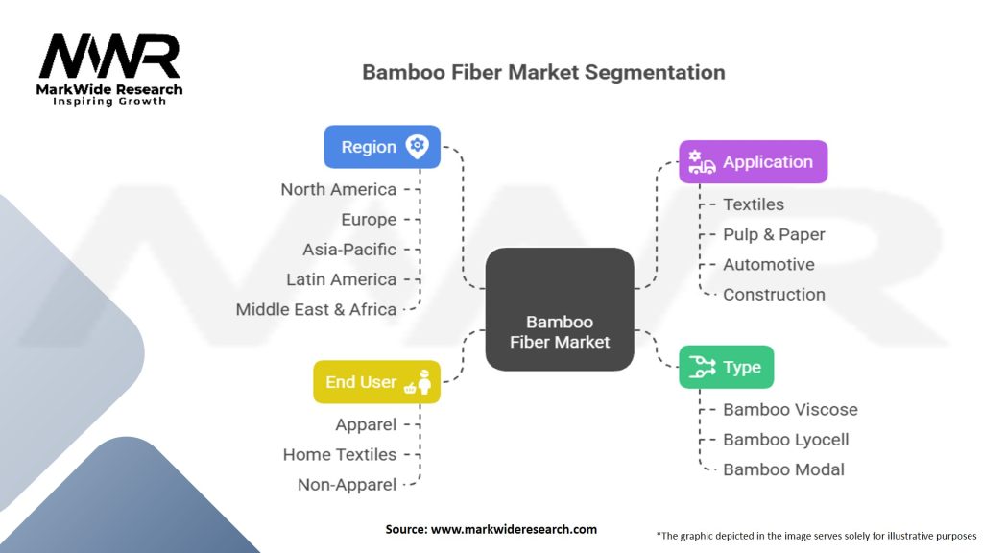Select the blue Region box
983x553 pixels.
click(382, 147)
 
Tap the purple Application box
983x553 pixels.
click(753, 162)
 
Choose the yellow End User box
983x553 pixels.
click(376, 382)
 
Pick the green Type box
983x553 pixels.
click(726, 367)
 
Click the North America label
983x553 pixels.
click(338, 189)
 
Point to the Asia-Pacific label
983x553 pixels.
click(348, 250)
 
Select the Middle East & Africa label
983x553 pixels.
click(316, 309)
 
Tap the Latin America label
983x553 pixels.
click(341, 279)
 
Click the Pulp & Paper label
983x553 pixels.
click(774, 234)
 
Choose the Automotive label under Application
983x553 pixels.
click(768, 264)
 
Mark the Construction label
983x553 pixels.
click(774, 295)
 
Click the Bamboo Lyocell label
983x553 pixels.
click(785, 440)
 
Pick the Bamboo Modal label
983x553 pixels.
click(783, 469)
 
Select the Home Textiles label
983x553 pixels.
click(339, 454)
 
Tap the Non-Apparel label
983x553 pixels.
click(347, 485)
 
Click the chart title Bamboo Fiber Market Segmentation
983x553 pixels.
click(543, 72)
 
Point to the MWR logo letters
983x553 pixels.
click(109, 58)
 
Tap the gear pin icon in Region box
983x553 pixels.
click(417, 147)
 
